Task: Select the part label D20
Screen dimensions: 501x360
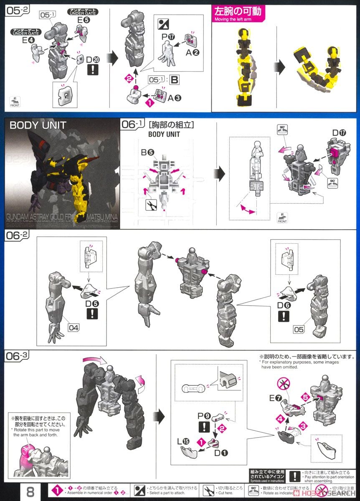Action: tap(92, 60)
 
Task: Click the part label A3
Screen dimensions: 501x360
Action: tap(174, 99)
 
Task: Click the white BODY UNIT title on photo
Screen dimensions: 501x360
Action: tap(38, 125)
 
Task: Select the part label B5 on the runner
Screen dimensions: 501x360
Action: tap(147, 153)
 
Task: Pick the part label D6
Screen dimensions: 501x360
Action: tap(284, 305)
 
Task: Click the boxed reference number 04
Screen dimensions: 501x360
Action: tap(73, 328)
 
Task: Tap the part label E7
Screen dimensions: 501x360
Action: tap(274, 398)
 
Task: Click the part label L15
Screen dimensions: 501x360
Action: tap(187, 441)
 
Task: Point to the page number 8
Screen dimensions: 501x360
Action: tap(30, 491)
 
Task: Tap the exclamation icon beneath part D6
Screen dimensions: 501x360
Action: tap(284, 316)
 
